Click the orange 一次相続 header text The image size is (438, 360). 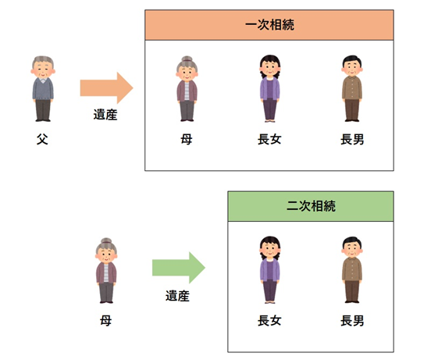tap(269, 25)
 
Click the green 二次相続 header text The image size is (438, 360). tap(311, 206)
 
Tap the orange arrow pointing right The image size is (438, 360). tap(106, 87)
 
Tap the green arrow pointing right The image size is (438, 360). tap(179, 268)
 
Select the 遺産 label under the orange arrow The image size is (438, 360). tap(105, 115)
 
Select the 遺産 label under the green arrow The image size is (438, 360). tap(177, 296)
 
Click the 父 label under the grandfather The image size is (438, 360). tap(42, 139)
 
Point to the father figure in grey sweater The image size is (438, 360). tap(43, 88)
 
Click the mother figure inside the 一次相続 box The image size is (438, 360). tap(187, 88)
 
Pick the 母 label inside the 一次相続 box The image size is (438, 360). tap(187, 139)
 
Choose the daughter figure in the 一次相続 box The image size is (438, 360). tap(270, 88)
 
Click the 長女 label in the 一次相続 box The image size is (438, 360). tap(269, 139)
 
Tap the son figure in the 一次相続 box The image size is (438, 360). tap(352, 88)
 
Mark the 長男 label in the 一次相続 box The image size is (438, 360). tap(352, 139)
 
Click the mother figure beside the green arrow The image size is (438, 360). tap(106, 270)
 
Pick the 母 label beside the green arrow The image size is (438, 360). tap(106, 321)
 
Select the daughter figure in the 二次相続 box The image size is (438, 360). tap(270, 269)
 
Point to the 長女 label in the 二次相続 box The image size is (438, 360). tap(269, 321)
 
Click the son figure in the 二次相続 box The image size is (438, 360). tap(352, 269)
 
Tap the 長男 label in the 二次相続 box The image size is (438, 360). tap(352, 321)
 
